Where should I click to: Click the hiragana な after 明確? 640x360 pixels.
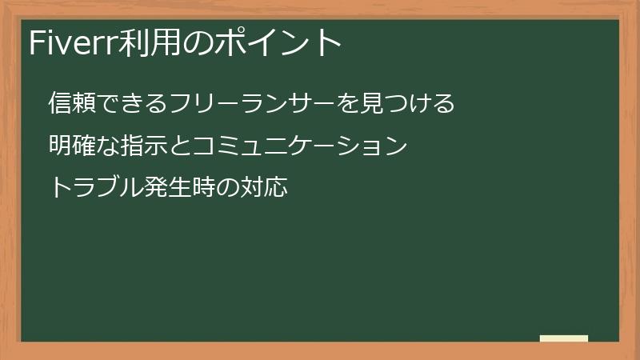point(108,146)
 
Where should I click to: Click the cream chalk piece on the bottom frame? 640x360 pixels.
point(564,338)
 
